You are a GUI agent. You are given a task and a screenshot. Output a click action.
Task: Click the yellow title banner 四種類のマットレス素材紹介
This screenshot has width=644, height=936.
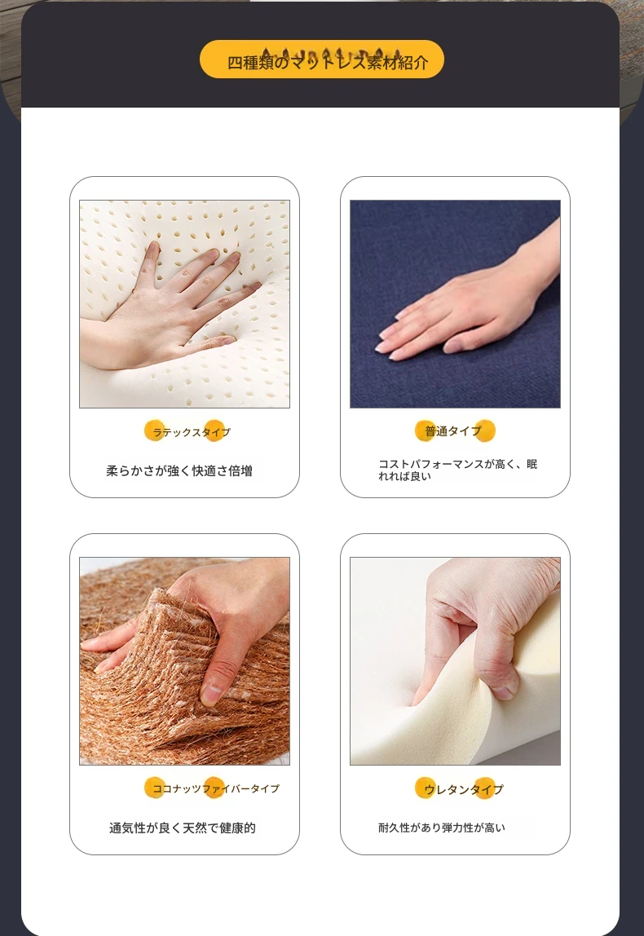point(322,59)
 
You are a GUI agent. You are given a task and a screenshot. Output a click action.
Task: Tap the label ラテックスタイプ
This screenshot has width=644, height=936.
point(191,432)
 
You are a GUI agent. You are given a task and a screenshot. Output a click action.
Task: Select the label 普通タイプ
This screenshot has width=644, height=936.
point(452,431)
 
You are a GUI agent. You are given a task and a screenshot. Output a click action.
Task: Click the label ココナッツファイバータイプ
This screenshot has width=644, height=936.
point(215,788)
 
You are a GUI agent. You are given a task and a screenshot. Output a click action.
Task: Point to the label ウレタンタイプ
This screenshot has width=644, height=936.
point(463,789)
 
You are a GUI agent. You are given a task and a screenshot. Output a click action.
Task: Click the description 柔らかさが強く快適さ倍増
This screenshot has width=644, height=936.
point(179,471)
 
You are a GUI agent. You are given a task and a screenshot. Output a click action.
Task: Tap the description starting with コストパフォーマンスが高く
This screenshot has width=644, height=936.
point(458,470)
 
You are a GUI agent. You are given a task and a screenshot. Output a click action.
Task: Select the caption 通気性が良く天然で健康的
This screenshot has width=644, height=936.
point(182,828)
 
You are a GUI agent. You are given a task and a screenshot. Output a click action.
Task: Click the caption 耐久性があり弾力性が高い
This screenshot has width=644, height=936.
point(442,828)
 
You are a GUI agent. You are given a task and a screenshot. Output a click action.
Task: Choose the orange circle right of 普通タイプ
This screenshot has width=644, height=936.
point(485,430)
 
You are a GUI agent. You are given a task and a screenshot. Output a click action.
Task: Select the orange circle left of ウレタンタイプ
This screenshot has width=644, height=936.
point(425,788)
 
